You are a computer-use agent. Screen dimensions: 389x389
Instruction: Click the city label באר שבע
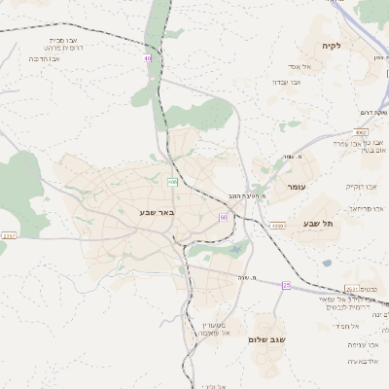pyautogui.click(x=143, y=210)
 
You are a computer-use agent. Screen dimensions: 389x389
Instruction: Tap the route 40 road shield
pyautogui.click(x=149, y=58)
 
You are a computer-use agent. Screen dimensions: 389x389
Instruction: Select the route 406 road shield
pyautogui.click(x=172, y=182)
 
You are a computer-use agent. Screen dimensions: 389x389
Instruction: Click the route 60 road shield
pyautogui.click(x=223, y=217)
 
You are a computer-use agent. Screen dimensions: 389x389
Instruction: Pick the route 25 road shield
pyautogui.click(x=286, y=284)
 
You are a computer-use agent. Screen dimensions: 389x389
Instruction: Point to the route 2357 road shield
pyautogui.click(x=9, y=235)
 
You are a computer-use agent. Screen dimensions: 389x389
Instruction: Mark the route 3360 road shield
pyautogui.click(x=277, y=226)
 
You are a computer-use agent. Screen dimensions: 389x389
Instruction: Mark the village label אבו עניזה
pyautogui.click(x=360, y=344)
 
